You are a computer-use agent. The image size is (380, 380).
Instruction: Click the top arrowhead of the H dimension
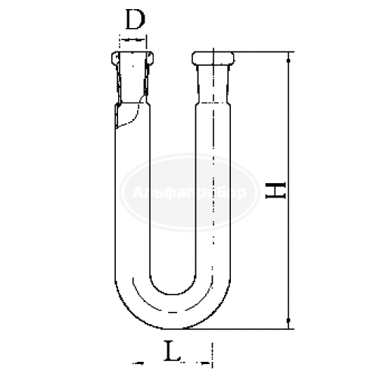(x=288, y=58)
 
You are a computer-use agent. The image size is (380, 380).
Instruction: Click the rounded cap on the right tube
(x=214, y=59)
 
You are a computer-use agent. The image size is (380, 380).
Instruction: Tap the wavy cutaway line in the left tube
(x=133, y=117)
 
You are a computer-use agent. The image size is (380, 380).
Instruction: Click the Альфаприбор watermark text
(x=189, y=194)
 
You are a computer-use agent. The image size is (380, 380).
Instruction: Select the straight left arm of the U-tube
(x=133, y=204)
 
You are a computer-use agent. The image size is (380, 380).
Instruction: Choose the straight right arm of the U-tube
(x=214, y=204)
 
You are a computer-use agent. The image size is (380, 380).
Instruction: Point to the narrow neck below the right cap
(x=214, y=83)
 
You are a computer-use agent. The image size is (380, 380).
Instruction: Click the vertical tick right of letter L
(x=213, y=352)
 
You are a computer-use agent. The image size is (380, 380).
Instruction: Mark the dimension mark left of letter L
(x=136, y=356)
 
